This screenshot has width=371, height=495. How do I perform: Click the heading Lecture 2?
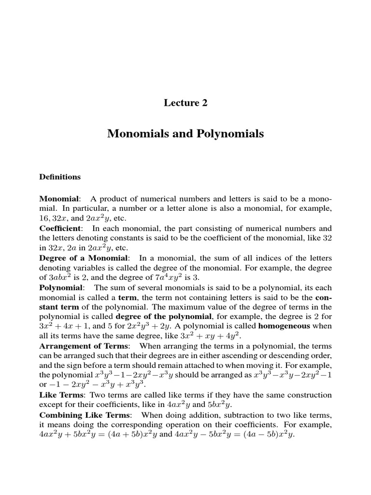pos(185,102)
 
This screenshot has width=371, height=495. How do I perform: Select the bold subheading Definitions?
pos(60,177)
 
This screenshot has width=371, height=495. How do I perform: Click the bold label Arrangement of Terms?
pos(84,346)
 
